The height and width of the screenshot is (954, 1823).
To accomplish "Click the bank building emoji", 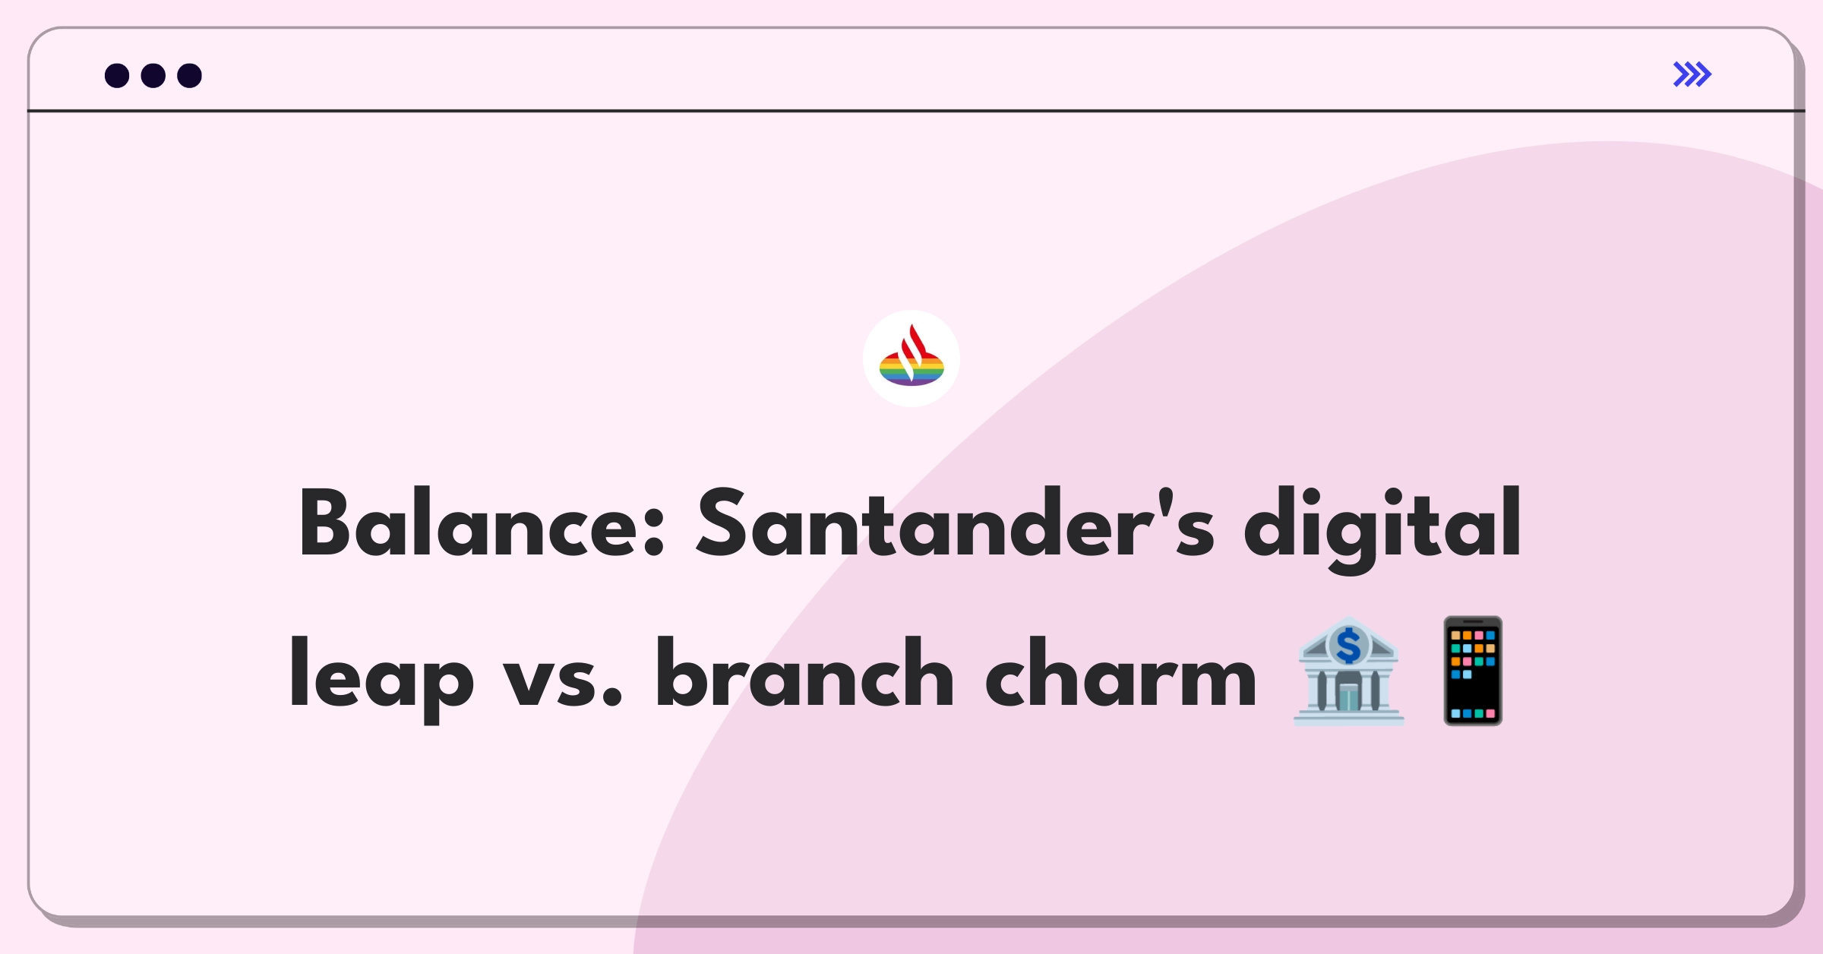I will point(1348,671).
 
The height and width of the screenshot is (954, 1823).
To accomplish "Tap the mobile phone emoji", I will point(1473,671).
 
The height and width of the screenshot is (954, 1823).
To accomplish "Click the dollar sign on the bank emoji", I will point(1348,646).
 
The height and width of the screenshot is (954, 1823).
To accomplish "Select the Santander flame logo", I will point(912,359).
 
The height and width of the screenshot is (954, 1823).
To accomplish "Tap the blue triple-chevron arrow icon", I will point(1692,74).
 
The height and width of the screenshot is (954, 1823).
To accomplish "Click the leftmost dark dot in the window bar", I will point(117,76).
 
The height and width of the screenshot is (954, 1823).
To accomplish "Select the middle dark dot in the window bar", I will point(153,76).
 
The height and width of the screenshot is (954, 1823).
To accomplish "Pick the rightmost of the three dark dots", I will point(189,76).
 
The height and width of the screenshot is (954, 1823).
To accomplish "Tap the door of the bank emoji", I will point(1348,697).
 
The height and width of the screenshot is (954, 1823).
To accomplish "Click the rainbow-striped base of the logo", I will point(912,370).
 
